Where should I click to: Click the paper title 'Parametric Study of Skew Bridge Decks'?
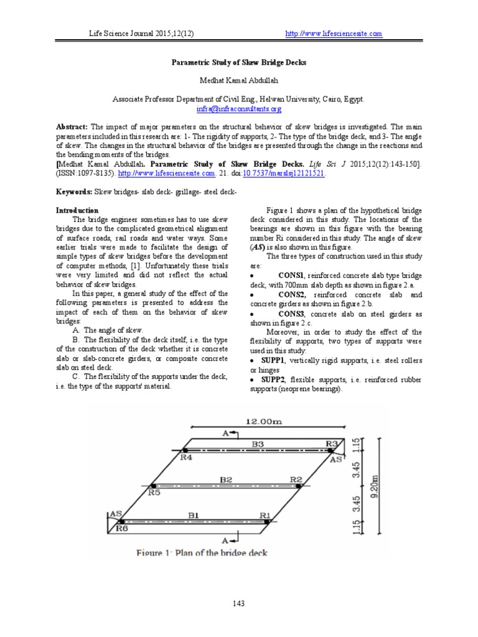(239, 63)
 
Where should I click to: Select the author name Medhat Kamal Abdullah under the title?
(239, 81)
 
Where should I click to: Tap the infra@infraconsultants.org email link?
(239, 108)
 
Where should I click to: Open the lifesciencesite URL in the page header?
(333, 34)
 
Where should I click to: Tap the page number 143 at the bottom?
(239, 603)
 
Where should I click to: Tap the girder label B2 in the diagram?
(225, 480)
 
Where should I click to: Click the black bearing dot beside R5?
(151, 485)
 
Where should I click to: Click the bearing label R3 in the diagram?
(332, 443)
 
